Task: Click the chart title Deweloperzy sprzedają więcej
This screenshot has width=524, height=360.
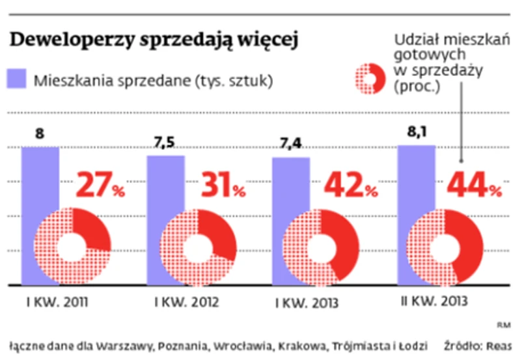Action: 153,40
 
